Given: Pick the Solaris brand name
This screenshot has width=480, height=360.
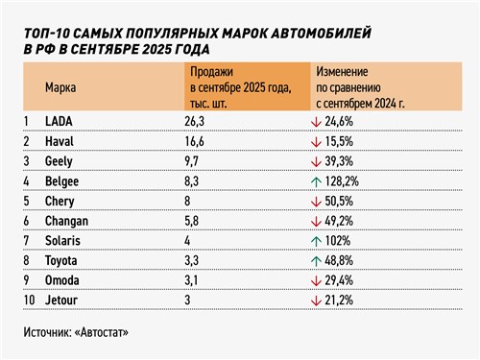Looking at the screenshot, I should tap(65, 239).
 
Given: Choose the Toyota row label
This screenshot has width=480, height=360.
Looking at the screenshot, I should tap(64, 260).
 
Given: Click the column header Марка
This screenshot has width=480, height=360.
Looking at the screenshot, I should tap(61, 86).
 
